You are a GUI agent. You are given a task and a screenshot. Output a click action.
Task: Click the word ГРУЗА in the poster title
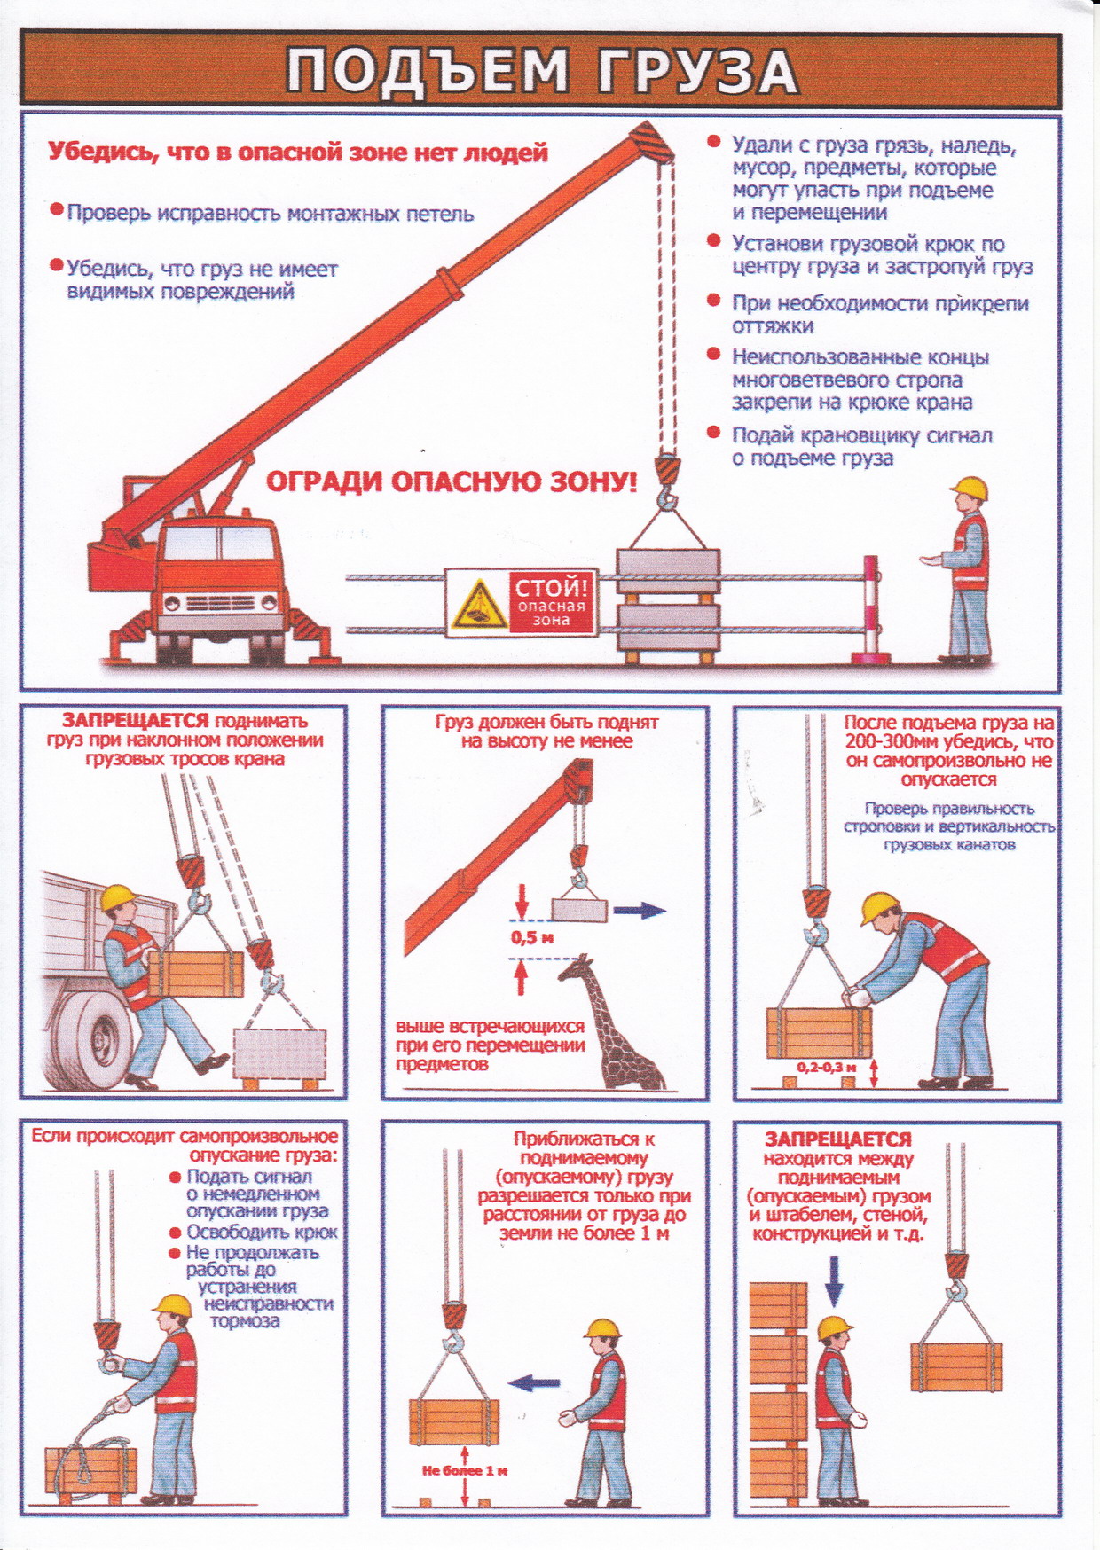point(696,71)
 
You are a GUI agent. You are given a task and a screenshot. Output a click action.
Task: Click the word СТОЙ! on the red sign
point(552,587)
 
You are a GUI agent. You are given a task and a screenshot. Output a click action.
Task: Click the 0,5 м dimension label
point(532,937)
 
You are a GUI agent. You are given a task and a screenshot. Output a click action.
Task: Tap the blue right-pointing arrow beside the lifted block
point(640,910)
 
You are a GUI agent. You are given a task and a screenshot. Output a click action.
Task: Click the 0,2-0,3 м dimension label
point(826,1068)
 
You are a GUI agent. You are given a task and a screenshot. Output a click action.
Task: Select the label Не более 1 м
point(465,1470)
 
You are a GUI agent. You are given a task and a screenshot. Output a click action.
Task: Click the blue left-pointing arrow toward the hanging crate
point(534,1382)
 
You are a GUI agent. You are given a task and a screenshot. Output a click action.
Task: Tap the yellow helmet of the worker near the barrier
point(969,489)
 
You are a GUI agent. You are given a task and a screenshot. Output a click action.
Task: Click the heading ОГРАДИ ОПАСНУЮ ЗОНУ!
point(452,482)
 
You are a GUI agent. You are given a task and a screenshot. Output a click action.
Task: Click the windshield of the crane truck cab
point(219,544)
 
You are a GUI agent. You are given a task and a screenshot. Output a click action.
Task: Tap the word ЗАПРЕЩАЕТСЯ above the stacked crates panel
point(838,1139)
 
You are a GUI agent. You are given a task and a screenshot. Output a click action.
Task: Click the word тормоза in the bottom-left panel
point(245,1320)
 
